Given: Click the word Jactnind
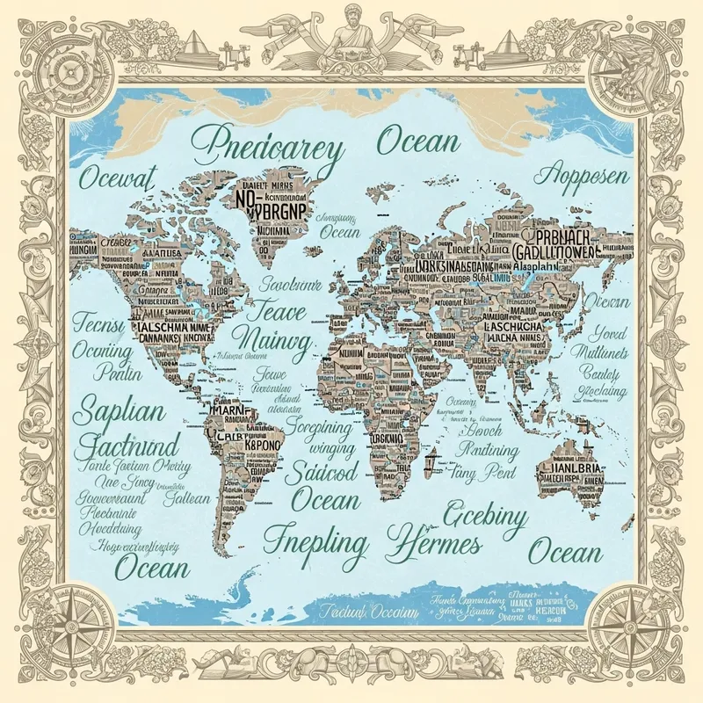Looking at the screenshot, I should click(x=129, y=444).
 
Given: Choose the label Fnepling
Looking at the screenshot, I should click(x=315, y=539).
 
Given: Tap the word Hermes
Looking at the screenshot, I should click(x=435, y=538).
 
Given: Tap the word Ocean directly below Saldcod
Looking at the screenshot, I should click(x=325, y=501).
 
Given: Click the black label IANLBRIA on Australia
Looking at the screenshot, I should click(x=569, y=467).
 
